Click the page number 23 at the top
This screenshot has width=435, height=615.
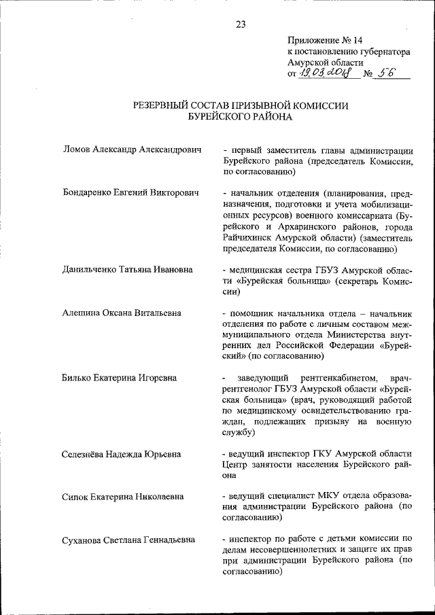click(241, 24)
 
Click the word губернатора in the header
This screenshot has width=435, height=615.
click(381, 51)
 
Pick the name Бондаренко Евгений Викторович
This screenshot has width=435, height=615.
click(130, 194)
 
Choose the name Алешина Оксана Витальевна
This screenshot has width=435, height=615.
click(122, 313)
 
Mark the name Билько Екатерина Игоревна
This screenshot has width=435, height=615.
click(120, 377)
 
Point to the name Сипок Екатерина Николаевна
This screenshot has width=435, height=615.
click(122, 497)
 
